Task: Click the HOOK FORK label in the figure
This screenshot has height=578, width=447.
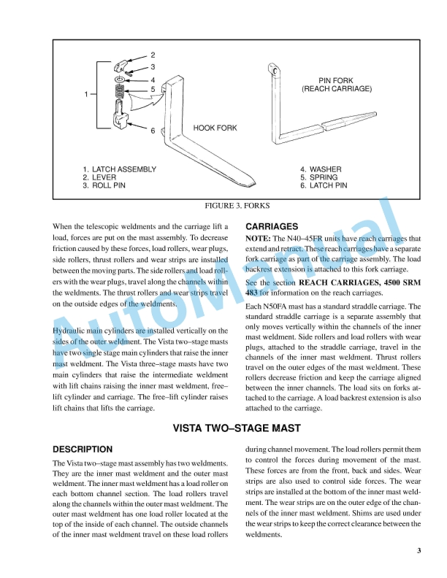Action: (x=215, y=128)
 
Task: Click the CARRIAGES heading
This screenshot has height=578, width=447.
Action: (x=272, y=227)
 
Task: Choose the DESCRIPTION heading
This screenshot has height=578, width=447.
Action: (x=83, y=450)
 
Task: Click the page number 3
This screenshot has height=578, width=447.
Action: (x=419, y=551)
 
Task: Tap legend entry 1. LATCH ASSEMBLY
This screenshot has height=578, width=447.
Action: (x=119, y=169)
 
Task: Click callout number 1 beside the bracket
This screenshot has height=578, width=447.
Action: (x=86, y=94)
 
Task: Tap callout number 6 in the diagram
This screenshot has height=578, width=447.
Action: (x=153, y=131)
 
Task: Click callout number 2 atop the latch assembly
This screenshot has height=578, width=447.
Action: (x=153, y=55)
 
